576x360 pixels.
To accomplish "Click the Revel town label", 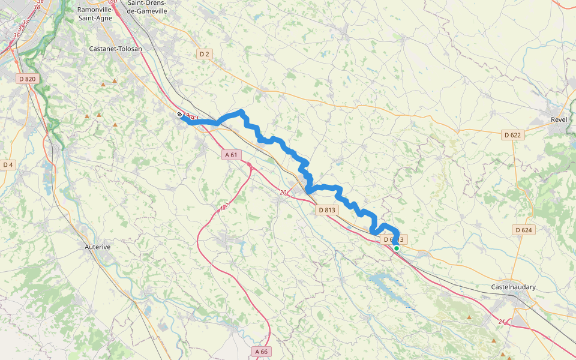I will point(559,119).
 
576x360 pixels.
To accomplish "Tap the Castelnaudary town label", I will point(513,287).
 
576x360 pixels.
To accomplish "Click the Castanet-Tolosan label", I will point(115,49).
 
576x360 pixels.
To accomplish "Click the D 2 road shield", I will point(205,54).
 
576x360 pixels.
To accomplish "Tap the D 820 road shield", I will point(27,79).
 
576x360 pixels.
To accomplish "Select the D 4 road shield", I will point(8,164).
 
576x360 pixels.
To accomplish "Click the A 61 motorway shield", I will point(231,155).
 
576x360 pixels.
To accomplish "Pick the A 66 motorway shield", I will point(261,351).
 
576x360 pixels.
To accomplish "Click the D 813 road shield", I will point(326,210).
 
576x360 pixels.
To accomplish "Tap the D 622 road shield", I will point(512,135).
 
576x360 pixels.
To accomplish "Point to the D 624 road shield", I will point(523,230).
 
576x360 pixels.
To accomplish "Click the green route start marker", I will point(397,248).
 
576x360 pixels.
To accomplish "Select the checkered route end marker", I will point(180,114).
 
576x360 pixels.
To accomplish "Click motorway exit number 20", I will point(283,192).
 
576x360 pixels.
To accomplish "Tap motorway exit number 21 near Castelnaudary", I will point(501,322).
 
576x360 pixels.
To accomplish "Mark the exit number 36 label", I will point(16,35).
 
